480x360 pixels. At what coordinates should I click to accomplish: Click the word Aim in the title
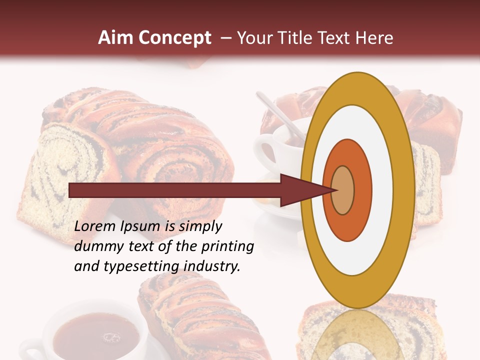115,38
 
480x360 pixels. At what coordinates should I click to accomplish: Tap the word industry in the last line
212,267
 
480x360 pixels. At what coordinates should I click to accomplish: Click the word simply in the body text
200,227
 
